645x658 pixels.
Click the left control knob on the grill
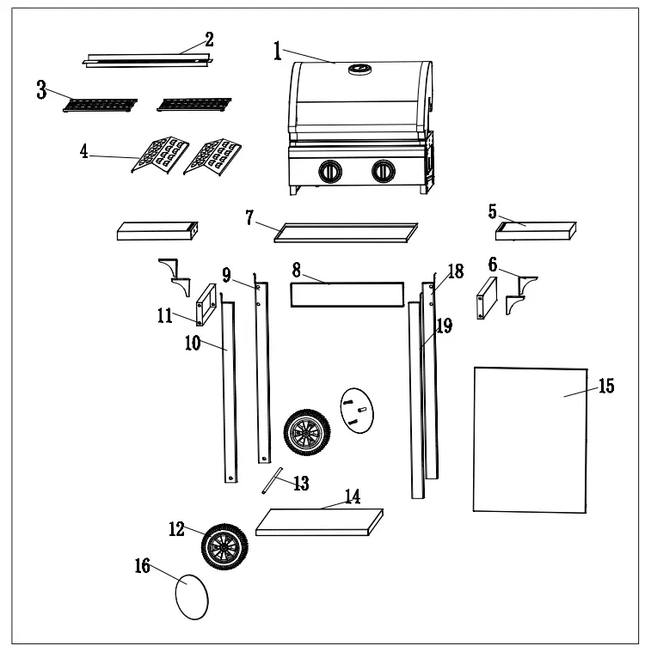coord(329,172)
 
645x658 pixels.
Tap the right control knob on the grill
coord(382,172)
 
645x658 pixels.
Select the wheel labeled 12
coord(225,546)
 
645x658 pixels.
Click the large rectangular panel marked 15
coord(530,438)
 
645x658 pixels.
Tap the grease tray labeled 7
coord(345,230)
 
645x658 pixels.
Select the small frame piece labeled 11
coord(206,306)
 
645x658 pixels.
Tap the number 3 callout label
coord(41,92)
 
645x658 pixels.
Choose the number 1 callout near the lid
coord(278,52)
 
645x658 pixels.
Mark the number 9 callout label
coord(226,275)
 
